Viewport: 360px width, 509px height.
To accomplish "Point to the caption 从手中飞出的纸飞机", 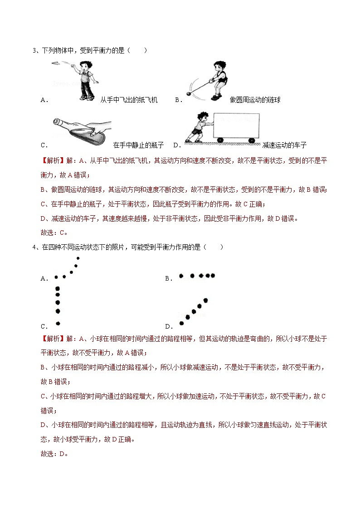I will [129, 100].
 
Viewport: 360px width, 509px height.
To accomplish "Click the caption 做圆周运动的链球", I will [255, 100].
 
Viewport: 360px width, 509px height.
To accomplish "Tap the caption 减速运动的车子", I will [284, 145].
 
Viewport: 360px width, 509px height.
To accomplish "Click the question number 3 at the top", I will [34, 50].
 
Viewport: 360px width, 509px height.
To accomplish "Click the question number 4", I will [34, 247].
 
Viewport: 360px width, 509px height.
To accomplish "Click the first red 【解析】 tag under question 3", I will [53, 160].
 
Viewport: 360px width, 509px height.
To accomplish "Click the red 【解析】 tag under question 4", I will [53, 339].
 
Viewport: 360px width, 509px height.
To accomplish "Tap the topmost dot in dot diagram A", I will [78, 258].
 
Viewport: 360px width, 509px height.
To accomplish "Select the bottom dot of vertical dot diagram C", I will [58, 323].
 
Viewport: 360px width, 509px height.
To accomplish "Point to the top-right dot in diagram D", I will [205, 300].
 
